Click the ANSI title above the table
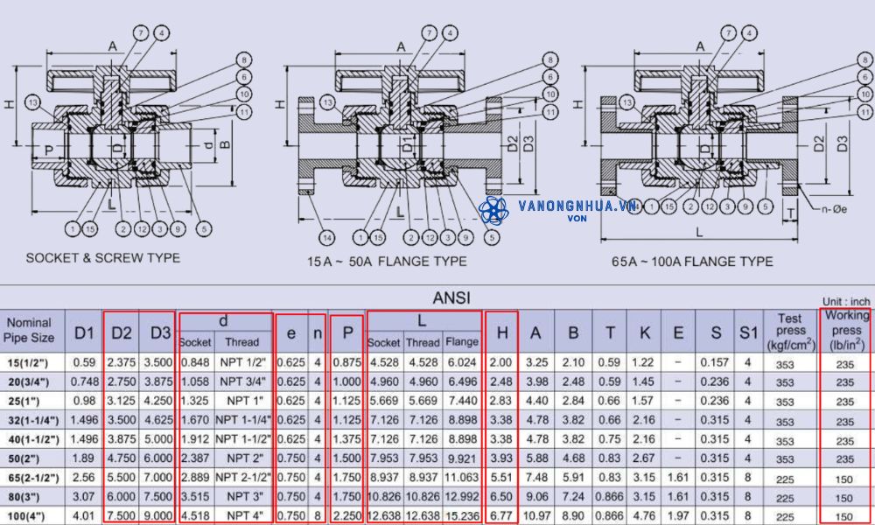[x=451, y=297]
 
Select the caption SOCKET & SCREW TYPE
[x=103, y=258]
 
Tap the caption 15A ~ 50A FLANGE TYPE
[x=386, y=261]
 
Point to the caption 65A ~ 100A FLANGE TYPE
[x=692, y=261]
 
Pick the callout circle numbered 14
[x=327, y=237]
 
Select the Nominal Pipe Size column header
[x=29, y=330]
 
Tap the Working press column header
[x=845, y=330]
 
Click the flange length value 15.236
[x=461, y=516]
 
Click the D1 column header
[x=84, y=332]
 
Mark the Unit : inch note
[x=845, y=301]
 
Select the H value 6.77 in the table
[x=502, y=516]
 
